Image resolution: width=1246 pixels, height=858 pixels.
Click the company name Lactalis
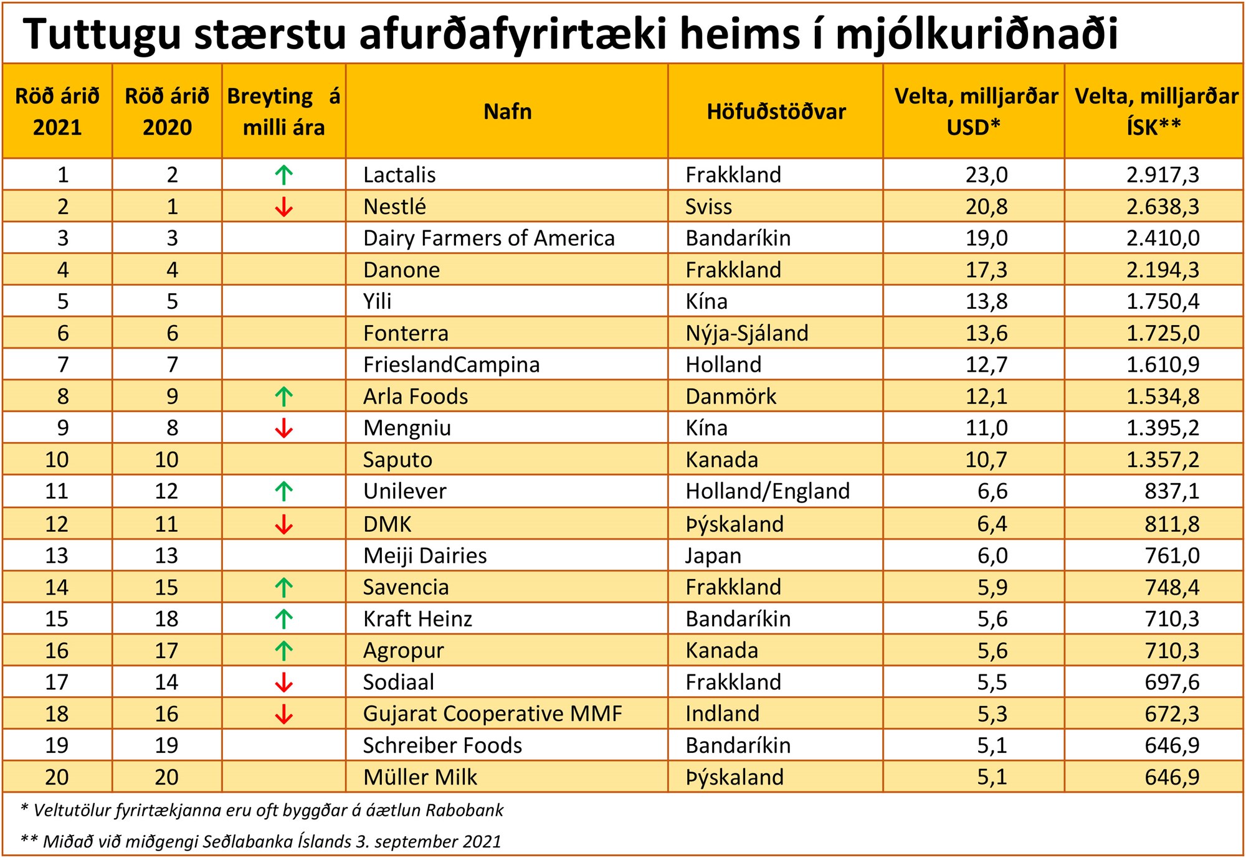point(399,175)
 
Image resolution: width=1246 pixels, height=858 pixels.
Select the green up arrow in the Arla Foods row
point(284,397)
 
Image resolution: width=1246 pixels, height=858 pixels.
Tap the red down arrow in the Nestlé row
point(284,207)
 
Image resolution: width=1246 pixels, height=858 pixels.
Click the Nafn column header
point(508,111)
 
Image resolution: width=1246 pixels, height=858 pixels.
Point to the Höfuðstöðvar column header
point(776,111)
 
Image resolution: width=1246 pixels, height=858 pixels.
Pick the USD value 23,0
point(986,175)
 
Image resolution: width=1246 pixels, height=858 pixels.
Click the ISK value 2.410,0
point(1163,238)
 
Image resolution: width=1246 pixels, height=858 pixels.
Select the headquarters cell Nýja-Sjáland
point(747,333)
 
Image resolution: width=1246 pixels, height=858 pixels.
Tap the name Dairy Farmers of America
point(489,238)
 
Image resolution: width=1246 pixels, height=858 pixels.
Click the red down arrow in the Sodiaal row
point(284,682)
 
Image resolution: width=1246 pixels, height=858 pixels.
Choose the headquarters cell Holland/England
point(768,491)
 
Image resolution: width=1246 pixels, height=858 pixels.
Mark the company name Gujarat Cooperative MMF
point(492,714)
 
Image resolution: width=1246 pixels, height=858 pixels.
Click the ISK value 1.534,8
point(1163,397)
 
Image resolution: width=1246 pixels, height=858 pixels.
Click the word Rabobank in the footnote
point(464,810)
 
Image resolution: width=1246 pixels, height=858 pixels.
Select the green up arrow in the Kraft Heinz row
point(284,619)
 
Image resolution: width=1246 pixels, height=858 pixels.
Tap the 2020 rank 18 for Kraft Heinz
point(167,619)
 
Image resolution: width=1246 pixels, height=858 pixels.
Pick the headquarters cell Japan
point(713,555)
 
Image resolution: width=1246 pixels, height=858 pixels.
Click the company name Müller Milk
point(420,777)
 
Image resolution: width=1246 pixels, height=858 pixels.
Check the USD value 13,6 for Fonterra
point(986,333)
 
